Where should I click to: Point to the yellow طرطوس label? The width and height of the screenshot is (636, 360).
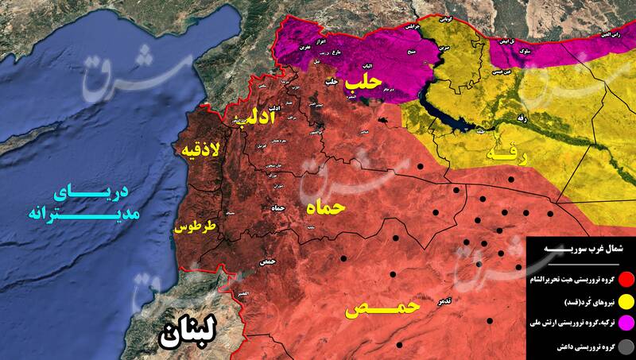tap(195, 228)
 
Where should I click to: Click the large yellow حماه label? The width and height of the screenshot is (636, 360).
tap(325, 209)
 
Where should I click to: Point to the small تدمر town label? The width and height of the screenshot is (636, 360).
tap(424, 303)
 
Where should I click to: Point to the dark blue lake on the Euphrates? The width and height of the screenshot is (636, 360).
tap(445, 119)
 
